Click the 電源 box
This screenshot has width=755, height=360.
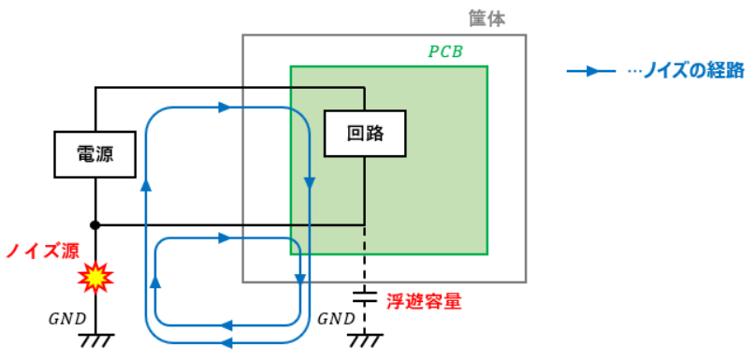tap(94, 154)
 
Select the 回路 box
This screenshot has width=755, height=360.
tap(365, 134)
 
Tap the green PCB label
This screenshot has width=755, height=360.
tap(445, 52)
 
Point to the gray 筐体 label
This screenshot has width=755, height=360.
tap(487, 20)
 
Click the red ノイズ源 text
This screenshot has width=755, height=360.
tap(42, 251)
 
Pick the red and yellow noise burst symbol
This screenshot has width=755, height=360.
tap(95, 277)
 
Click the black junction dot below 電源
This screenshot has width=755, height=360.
tap(95, 224)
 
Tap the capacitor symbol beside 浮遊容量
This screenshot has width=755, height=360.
tap(365, 296)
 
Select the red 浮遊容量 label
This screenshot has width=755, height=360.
tap(424, 301)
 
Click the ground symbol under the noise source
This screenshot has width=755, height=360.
tap(95, 340)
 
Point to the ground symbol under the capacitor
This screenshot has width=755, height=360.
tap(365, 340)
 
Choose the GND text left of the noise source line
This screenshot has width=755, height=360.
tap(67, 319)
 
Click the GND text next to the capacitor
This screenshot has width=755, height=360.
tap(337, 319)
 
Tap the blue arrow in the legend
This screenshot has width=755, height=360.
tap(590, 72)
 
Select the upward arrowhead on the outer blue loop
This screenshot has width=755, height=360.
tap(146, 185)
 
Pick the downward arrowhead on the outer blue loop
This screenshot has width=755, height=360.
tap(310, 183)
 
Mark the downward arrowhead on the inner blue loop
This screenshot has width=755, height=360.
tap(300, 280)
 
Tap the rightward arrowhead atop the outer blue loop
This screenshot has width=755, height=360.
tap(225, 108)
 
